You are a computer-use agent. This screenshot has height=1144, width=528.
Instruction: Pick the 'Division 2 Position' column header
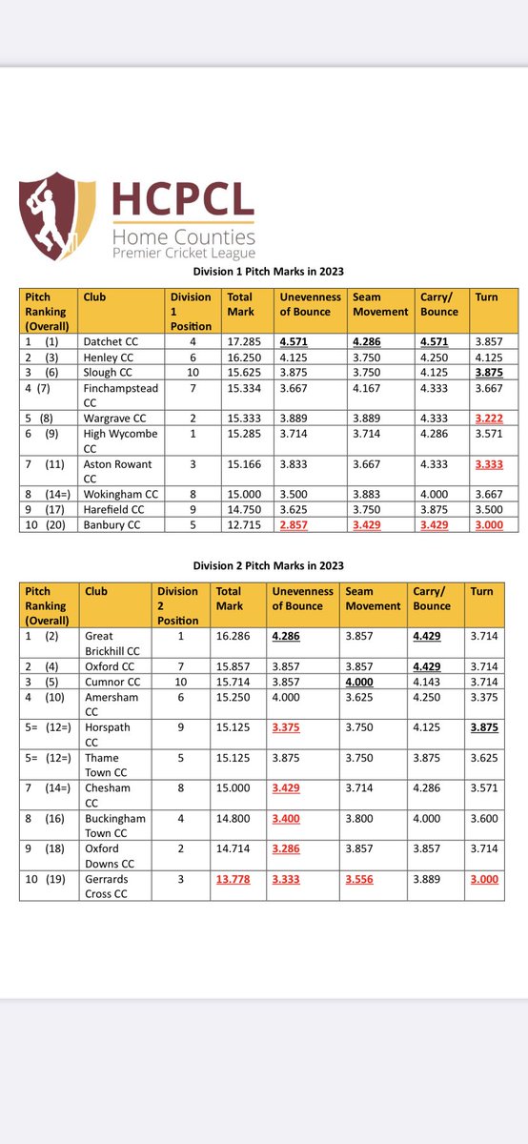[x=178, y=604]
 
